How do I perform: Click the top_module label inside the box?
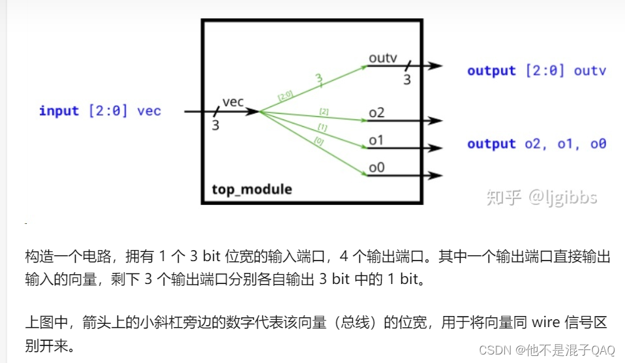click(252, 190)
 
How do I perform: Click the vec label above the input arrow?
click(233, 102)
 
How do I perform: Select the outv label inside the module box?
click(383, 57)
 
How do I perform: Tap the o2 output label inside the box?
click(376, 113)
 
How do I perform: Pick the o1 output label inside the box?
click(376, 140)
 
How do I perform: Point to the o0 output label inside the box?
click(376, 168)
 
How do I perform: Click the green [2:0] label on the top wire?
click(285, 96)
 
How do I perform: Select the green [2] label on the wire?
click(324, 112)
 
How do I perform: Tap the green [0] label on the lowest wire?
click(318, 140)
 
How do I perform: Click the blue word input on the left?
click(59, 110)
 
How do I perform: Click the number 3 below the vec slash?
click(215, 125)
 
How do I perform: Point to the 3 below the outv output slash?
click(406, 80)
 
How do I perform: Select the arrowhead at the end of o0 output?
click(436, 175)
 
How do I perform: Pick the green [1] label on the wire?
click(322, 127)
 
